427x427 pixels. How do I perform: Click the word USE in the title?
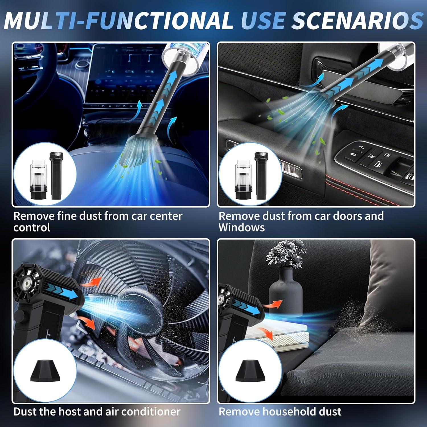262,20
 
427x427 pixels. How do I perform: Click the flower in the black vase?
286,253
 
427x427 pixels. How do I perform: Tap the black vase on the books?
286,293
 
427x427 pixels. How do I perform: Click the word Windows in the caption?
241,228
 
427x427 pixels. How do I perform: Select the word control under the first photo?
32,228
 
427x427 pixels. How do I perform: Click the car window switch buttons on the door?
370,159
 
